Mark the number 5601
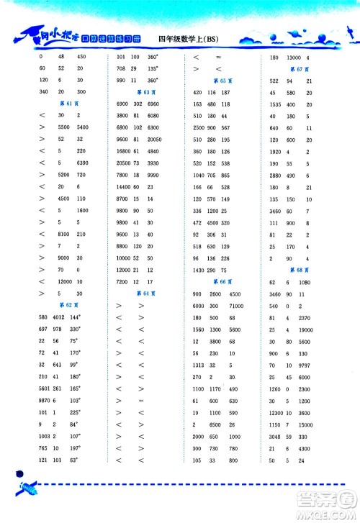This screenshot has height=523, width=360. click(x=41, y=386)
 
